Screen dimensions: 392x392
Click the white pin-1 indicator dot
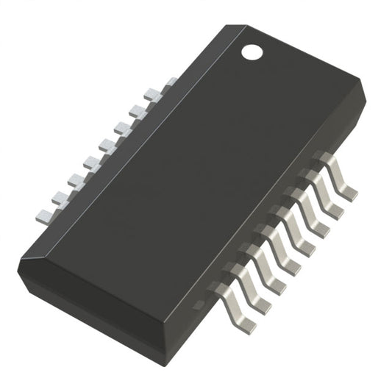[x=252, y=51]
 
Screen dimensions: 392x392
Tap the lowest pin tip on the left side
[x=45, y=215]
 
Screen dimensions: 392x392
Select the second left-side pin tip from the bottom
[x=60, y=197]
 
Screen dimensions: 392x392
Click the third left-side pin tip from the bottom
[x=76, y=179]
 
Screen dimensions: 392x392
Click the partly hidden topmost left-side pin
[x=168, y=82]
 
